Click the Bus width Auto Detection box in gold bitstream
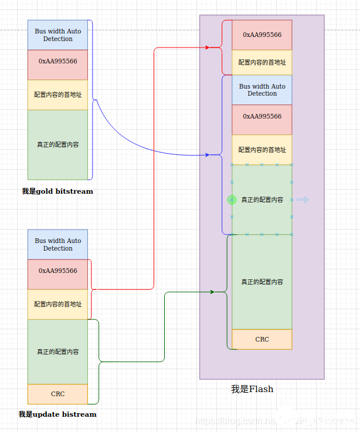tap(57, 35)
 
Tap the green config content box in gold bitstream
tap(57, 144)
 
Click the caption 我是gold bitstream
tap(57, 191)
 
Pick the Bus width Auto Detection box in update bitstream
tap(57, 245)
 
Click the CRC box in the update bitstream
tap(57, 394)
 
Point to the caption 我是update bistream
tap(57, 414)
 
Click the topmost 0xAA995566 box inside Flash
tap(262, 35)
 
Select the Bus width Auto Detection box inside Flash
tap(262, 90)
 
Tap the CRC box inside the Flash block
tap(262, 339)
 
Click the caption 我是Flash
tap(252, 389)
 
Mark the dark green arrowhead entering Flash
tap(213, 292)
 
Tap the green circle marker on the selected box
tap(232, 200)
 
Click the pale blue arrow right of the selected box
tap(303, 200)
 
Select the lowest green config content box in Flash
tap(262, 282)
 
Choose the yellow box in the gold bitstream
tap(57, 95)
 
